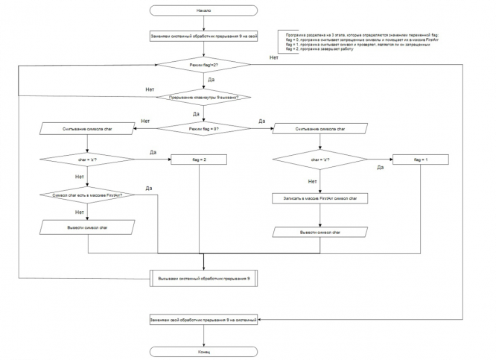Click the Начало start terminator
pos(203,11)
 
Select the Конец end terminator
pos(203,350)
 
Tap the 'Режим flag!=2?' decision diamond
pos(203,66)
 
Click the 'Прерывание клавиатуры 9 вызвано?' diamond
pos(203,97)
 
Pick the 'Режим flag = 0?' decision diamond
pos(203,129)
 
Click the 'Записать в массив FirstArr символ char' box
pos(320,199)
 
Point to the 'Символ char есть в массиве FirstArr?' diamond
pos(87,195)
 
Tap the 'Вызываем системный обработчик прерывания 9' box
pos(203,278)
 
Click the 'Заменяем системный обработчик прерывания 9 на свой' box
pos(203,36)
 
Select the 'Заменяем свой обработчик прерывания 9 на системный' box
pos(203,320)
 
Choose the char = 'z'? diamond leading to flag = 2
pos(87,158)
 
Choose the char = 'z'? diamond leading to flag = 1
pos(320,160)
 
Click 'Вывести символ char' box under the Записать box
pos(320,232)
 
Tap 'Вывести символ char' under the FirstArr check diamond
pos(87,227)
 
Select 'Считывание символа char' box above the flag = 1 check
pos(320,129)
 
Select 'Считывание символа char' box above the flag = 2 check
pos(87,129)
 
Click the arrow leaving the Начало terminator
pos(203,23)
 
